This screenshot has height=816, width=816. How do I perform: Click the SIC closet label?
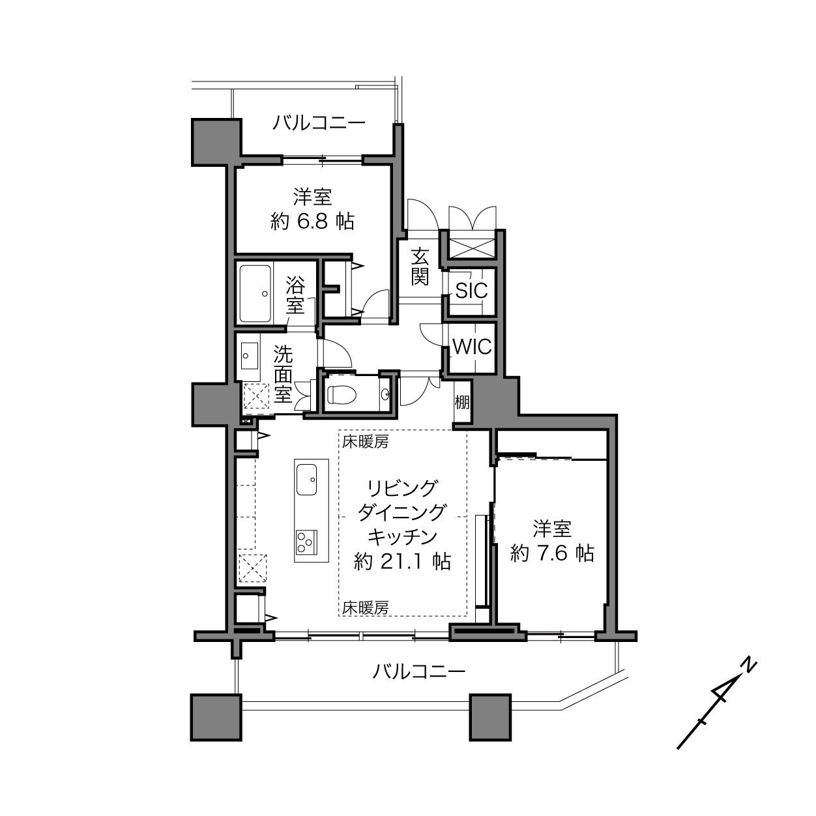(x=471, y=291)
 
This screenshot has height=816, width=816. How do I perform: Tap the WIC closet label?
(x=472, y=347)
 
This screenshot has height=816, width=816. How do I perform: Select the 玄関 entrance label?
(x=420, y=267)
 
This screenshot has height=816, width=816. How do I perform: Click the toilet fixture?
(x=342, y=395)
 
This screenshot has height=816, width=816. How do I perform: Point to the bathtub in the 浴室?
(x=255, y=293)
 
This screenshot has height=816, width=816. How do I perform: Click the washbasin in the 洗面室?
(x=250, y=356)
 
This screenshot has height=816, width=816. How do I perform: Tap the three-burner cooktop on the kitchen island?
(x=306, y=542)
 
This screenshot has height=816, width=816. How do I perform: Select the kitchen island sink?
(x=306, y=479)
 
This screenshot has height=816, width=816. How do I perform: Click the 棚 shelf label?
(x=462, y=402)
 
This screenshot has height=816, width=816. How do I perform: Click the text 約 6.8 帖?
(x=312, y=221)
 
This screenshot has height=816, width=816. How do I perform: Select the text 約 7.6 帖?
(x=552, y=553)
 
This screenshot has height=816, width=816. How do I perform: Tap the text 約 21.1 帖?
(x=402, y=561)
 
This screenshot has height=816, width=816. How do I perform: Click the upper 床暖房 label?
(x=366, y=443)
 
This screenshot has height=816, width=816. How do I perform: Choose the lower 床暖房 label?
(x=366, y=609)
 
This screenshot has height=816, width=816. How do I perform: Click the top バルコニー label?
(x=319, y=123)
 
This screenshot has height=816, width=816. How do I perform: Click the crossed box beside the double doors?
(x=472, y=248)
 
